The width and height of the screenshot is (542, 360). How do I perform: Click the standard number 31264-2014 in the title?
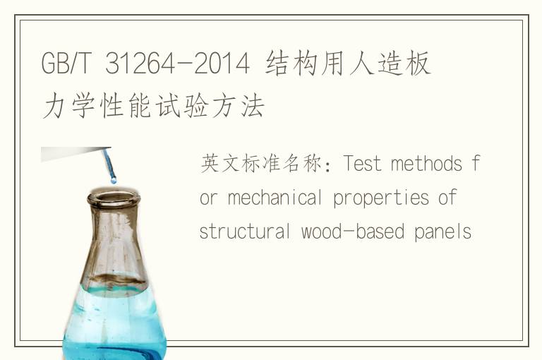tap(177, 63)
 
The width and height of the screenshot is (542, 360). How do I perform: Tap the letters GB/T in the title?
tap(66, 63)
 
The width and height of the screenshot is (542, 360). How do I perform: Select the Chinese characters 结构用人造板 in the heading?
tap(348, 63)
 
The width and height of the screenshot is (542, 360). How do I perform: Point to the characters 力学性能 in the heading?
tap(97, 106)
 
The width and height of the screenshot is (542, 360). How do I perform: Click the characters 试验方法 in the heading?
tap(210, 106)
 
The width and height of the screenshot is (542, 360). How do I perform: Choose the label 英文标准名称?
tap(261, 163)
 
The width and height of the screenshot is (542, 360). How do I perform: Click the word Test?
tap(362, 163)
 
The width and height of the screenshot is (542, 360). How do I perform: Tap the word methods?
tap(426, 163)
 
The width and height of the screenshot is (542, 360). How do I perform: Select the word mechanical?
tap(275, 198)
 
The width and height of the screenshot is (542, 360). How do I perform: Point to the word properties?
tap(381, 198)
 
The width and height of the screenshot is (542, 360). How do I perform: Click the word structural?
tap(245, 231)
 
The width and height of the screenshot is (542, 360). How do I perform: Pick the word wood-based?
tap(353, 231)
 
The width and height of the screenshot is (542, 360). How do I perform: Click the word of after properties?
tap(447, 198)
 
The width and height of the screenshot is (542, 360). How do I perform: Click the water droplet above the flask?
tap(114, 180)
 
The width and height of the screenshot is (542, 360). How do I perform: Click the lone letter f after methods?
tap(476, 163)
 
